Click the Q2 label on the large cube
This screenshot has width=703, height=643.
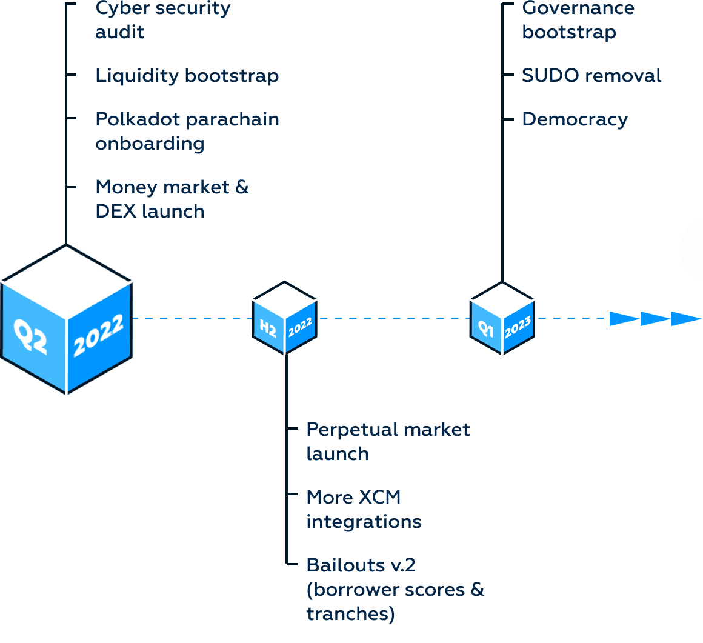coord(30,336)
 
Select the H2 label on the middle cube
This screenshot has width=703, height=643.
coord(268,328)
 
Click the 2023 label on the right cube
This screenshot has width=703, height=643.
coord(518,327)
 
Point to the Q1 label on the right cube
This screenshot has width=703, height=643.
coord(485,328)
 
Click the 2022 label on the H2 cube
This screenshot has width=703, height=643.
coord(300,327)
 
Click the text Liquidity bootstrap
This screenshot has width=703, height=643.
coord(187,76)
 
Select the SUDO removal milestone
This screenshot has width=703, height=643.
coord(591,75)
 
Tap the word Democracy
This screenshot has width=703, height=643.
coord(575,120)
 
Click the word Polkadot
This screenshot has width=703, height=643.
coord(138,119)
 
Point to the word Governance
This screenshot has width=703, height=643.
coord(578,8)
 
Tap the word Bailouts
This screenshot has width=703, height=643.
coord(345,565)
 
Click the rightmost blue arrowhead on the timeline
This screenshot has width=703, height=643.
coord(687,319)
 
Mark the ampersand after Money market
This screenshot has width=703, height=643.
coord(242,187)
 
